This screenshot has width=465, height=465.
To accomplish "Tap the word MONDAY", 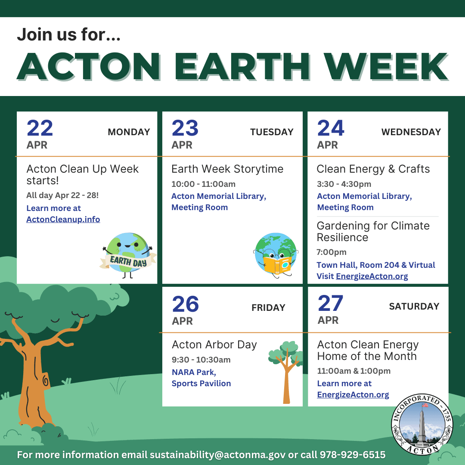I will pos(129,132).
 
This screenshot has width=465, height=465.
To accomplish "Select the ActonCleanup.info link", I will pos(63,220).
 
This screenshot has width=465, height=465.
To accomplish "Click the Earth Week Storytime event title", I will pos(227,169).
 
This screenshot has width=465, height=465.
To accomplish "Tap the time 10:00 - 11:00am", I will pos(203,184).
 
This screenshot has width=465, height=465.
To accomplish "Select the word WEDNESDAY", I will pos(411,132).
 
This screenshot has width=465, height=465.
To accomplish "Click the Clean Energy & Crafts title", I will pos(373,169).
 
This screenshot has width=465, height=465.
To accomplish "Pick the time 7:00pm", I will pos(332,252).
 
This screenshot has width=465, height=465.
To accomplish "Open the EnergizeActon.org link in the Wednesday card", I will pos(372,276).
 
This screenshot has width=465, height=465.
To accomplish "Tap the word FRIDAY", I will pos(268,307).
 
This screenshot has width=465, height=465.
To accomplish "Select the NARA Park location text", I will pos(194,372).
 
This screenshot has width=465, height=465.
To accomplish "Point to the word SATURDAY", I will pos(414,307).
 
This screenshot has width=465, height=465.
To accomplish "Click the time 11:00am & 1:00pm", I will pos(354,371).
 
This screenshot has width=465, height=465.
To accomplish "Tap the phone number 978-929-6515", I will pos(352,455).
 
